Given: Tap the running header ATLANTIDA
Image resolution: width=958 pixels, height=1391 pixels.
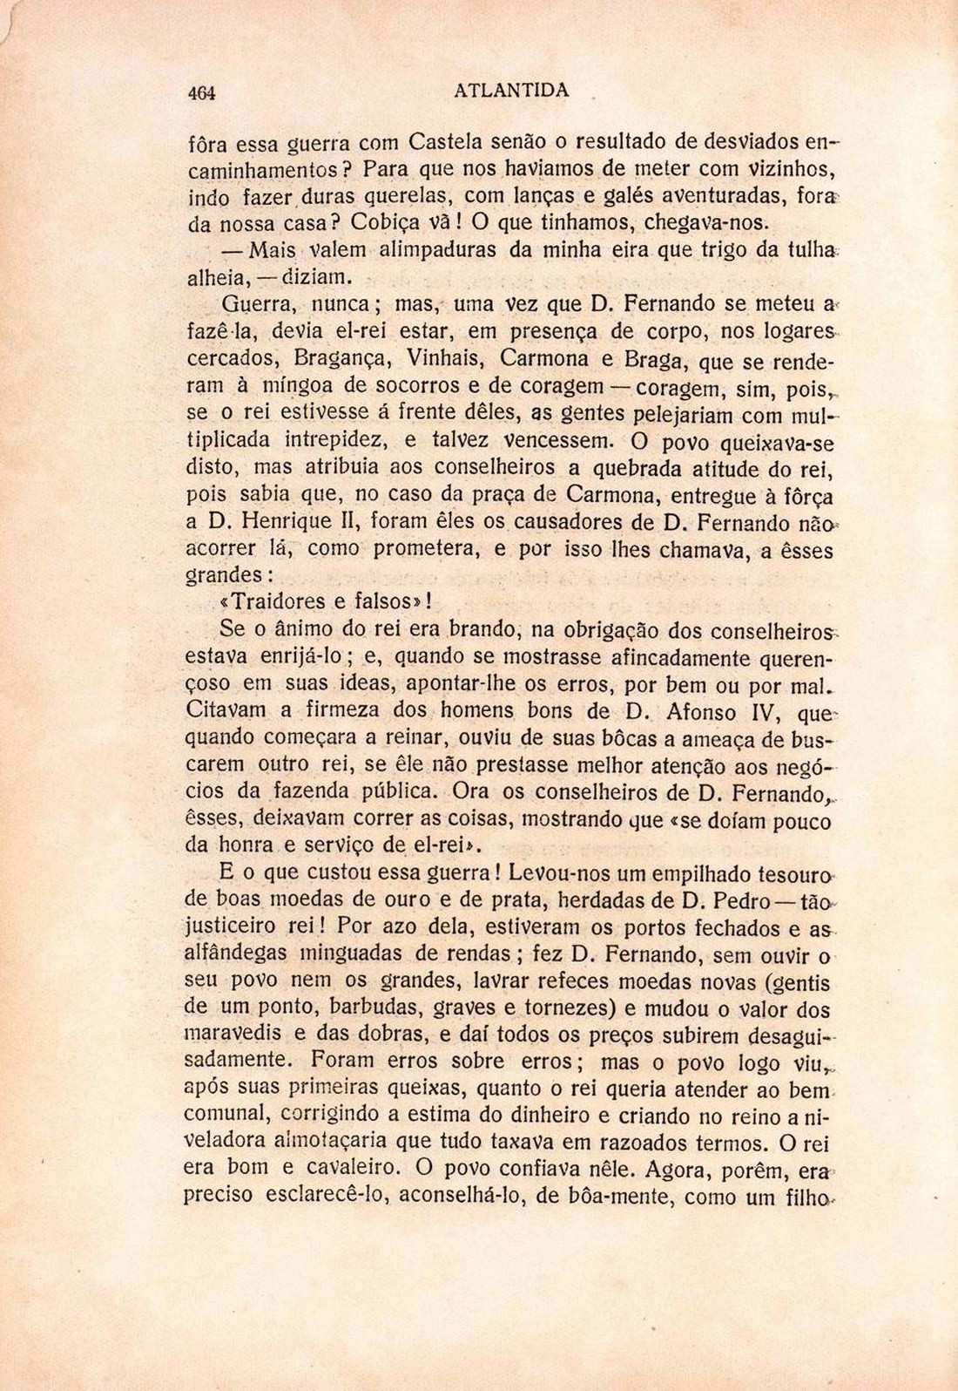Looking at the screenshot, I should point(512,90).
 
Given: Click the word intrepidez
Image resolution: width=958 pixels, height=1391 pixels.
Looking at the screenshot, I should point(330,439).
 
